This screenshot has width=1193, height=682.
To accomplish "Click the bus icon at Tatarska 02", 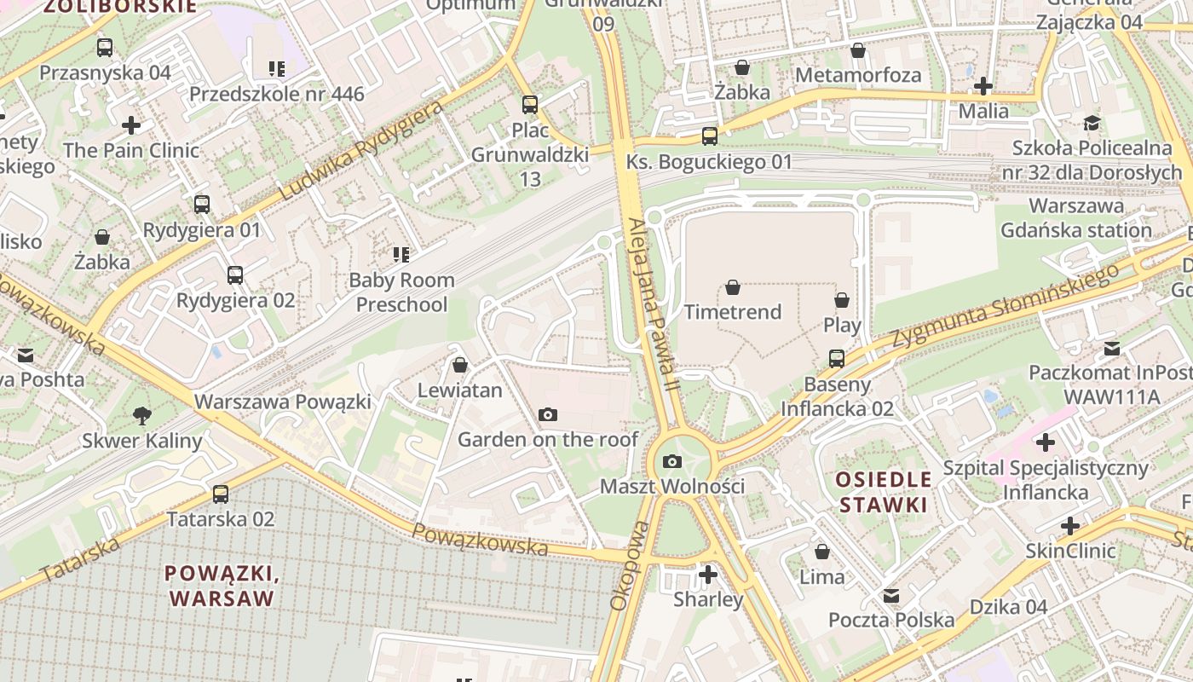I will (221, 494).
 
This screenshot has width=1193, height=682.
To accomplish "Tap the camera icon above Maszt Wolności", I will (672, 461).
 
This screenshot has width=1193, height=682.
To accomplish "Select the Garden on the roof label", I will (548, 439).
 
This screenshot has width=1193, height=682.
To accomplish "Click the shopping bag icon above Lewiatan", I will (460, 365).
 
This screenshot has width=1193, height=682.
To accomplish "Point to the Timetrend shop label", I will (733, 312).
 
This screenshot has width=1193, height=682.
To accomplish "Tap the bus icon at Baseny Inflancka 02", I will (837, 359).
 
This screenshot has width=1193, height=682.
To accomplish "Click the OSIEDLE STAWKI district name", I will (883, 491).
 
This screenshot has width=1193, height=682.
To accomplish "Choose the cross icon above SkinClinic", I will (1070, 525).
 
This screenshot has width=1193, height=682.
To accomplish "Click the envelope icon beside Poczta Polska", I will (891, 595).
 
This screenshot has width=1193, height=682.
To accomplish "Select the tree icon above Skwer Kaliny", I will (142, 415).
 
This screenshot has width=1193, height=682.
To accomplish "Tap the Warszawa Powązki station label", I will (283, 402).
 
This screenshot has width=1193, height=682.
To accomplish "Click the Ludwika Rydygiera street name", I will (361, 151).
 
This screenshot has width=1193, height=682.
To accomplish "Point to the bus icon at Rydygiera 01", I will (202, 205).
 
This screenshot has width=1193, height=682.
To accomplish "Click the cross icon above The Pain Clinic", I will (131, 125).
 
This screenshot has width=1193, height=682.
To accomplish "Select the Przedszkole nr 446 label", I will (277, 94).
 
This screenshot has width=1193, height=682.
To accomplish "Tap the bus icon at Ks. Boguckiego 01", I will (709, 136).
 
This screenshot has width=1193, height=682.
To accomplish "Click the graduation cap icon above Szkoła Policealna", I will (1092, 123).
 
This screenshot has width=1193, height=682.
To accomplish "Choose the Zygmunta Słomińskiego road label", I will (1006, 305).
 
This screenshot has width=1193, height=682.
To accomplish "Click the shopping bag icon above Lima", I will (822, 552).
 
